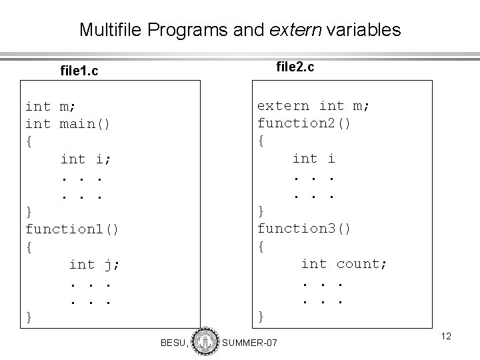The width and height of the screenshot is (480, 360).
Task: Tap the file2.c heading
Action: [x=295, y=67]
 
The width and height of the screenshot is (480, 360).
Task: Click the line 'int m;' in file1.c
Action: [x=51, y=106]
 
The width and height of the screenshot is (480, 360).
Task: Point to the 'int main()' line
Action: [x=68, y=123]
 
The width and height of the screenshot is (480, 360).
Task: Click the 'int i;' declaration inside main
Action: [x=86, y=159]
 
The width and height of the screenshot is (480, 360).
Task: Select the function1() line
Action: [x=72, y=229]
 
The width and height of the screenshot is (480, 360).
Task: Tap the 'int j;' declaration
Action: [x=95, y=265]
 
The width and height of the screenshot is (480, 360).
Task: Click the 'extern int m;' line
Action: [x=314, y=105]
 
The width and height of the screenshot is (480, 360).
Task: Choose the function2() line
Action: [x=305, y=123]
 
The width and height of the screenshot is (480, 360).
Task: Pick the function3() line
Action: [x=305, y=229]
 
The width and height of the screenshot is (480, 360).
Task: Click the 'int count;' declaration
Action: [x=344, y=264]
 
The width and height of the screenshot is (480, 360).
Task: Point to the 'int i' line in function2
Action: [x=314, y=158]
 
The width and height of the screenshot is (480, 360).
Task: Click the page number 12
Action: [x=446, y=337]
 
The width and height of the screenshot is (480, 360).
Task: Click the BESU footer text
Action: [x=174, y=343]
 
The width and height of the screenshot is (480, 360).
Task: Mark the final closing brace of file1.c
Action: [x=29, y=317]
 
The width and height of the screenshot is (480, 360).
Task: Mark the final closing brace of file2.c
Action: [x=261, y=317]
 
